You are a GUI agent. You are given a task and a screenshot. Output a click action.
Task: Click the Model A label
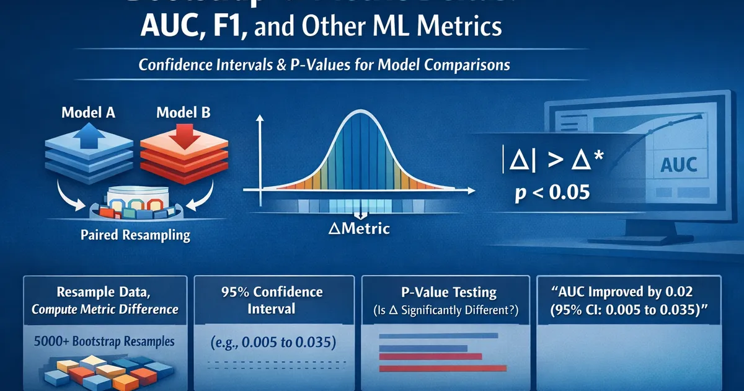point(88,114)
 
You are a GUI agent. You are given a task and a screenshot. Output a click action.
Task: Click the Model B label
point(183,113)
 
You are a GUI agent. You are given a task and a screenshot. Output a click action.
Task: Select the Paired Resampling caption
point(135,236)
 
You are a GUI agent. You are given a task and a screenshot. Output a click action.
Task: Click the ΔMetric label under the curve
point(360,228)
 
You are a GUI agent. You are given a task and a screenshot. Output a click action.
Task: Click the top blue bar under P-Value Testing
point(438,336)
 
